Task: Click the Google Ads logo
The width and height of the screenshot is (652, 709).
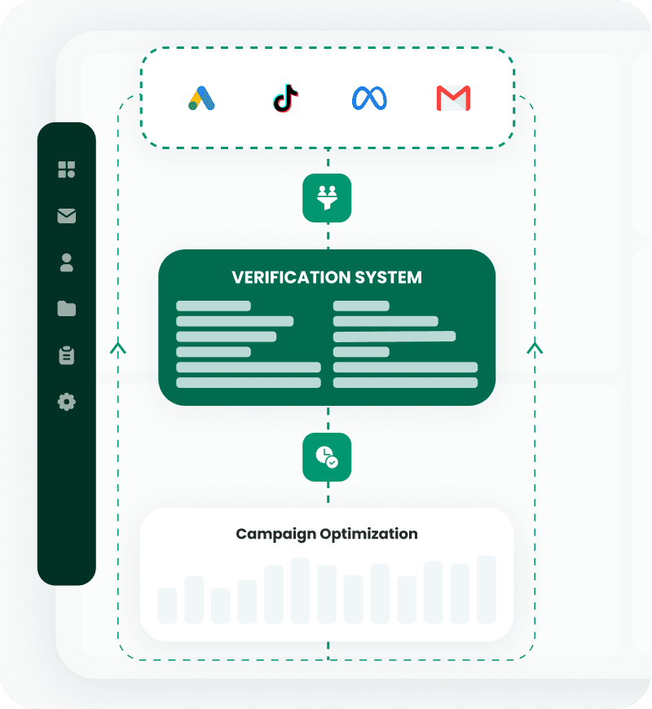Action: click(x=201, y=99)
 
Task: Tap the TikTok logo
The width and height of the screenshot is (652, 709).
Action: click(x=285, y=99)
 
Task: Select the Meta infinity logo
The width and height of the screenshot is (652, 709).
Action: click(x=369, y=99)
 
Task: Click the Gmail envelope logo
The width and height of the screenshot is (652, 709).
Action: click(x=453, y=99)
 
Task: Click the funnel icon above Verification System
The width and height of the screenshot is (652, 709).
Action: click(x=327, y=197)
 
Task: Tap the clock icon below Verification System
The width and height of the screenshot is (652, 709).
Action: click(x=327, y=457)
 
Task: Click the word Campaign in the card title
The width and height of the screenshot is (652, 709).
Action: click(x=275, y=535)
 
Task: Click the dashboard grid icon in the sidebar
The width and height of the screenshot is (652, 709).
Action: click(x=67, y=170)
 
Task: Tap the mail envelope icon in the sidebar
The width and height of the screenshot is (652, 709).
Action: click(x=67, y=216)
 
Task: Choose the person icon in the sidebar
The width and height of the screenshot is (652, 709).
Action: click(x=67, y=262)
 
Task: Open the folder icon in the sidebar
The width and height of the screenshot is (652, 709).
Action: click(x=67, y=309)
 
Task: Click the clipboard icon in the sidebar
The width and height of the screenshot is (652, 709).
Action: click(x=67, y=355)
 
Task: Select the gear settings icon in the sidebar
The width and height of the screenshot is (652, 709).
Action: click(x=67, y=402)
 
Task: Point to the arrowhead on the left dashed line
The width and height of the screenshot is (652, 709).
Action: click(x=119, y=349)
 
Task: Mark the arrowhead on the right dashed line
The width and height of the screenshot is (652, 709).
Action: click(x=535, y=349)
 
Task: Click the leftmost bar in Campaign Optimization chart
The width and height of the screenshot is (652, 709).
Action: click(x=167, y=606)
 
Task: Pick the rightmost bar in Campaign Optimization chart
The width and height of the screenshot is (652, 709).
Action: click(x=487, y=589)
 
